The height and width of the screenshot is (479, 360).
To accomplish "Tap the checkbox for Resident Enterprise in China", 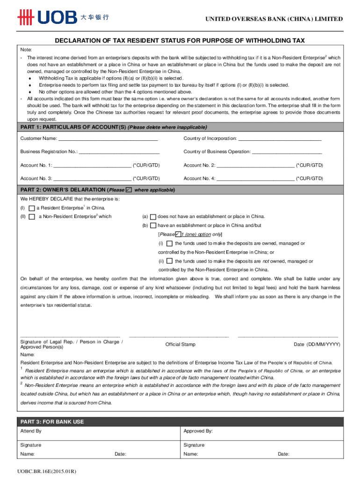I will (x=31, y=208).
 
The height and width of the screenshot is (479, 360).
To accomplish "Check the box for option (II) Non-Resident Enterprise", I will (x=31, y=217).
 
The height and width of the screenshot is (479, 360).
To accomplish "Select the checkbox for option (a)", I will (x=153, y=217).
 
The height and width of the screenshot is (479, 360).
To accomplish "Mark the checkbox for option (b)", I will (x=153, y=225).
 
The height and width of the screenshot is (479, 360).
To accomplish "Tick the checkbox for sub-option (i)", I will (x=169, y=243).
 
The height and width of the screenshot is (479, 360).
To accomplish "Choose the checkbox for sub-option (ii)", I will (x=169, y=261).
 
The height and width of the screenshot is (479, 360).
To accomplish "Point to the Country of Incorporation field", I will (x=280, y=139).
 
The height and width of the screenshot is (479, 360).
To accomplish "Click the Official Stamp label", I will (x=180, y=344).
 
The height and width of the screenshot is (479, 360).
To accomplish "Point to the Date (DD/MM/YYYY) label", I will (x=317, y=344).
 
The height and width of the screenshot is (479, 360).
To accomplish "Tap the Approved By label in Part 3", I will (x=198, y=431).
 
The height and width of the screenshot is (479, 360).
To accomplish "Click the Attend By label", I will (x=31, y=431).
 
